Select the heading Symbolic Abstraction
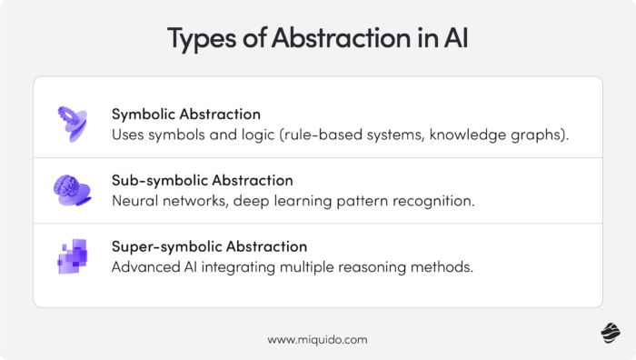(x=186, y=115)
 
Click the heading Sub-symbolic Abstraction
(x=202, y=180)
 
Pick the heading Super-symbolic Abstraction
(x=209, y=246)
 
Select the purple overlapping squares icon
(x=73, y=256)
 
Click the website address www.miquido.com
(x=317, y=339)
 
